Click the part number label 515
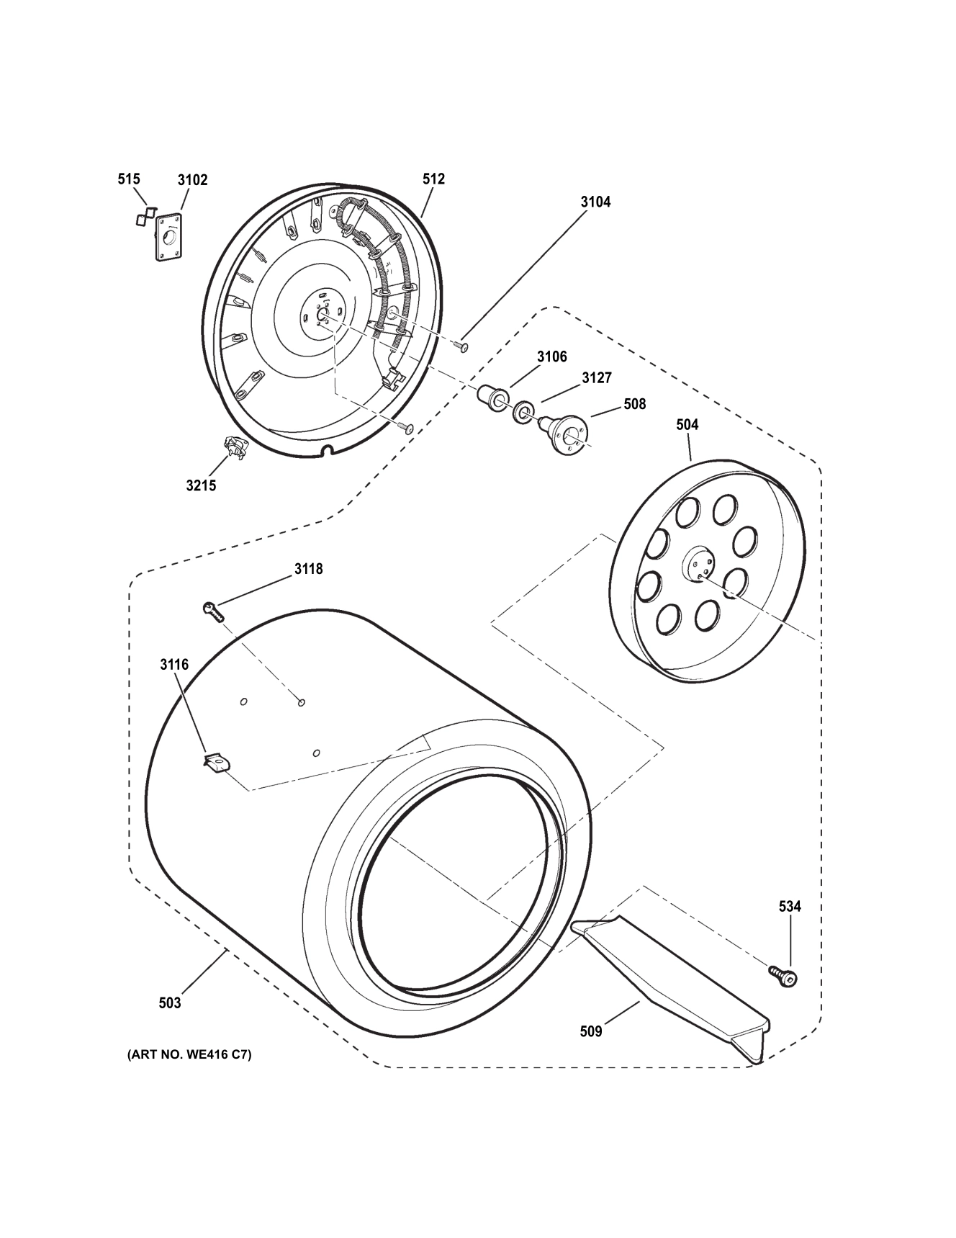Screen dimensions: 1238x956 click(129, 179)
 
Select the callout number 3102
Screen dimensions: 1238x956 click(192, 180)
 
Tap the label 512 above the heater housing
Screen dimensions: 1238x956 click(434, 179)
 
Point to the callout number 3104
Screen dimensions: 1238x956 click(595, 202)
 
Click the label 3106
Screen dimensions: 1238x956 click(551, 356)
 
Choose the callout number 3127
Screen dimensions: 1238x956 click(597, 378)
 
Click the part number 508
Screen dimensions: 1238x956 click(634, 404)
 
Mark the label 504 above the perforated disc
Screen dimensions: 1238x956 click(687, 425)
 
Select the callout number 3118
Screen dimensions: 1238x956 click(308, 569)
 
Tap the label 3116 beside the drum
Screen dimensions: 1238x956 click(174, 664)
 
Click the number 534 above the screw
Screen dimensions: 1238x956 click(790, 906)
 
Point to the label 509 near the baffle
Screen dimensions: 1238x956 click(591, 1031)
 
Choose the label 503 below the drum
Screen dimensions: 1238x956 click(170, 1002)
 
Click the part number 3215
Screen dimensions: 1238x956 click(201, 485)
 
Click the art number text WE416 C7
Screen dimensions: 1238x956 click(190, 1056)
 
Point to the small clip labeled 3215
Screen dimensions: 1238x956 click(235, 448)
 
